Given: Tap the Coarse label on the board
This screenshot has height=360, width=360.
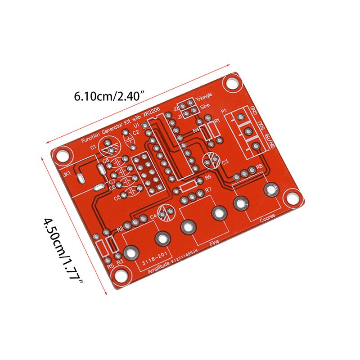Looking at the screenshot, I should tap(268, 220).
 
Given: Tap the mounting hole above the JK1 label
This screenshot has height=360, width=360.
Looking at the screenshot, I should tap(63, 155).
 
